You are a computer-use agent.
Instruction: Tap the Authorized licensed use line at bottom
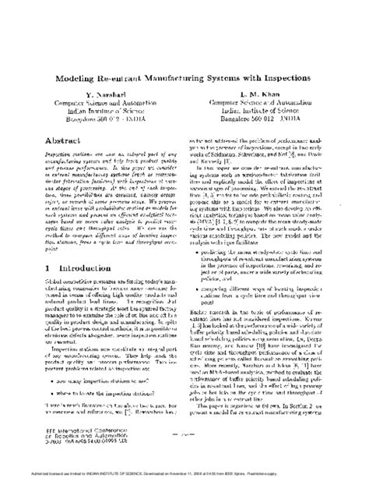184,472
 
